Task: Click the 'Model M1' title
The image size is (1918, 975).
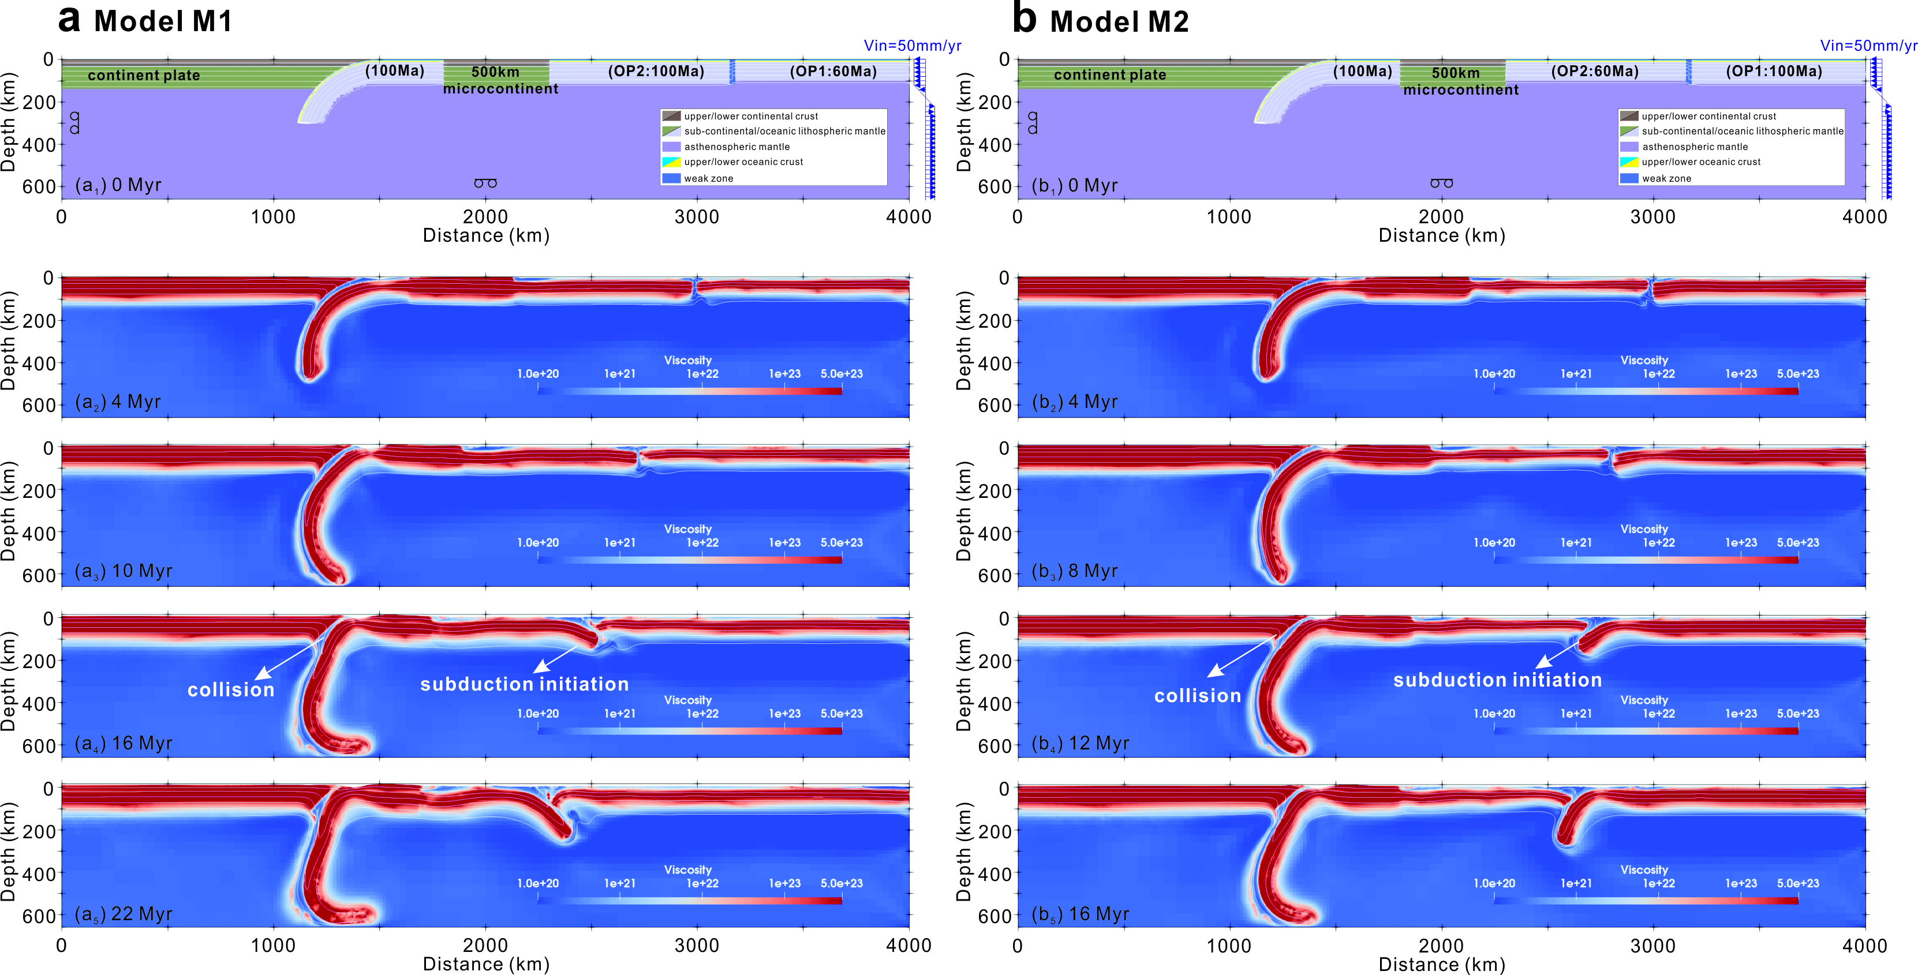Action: (x=163, y=21)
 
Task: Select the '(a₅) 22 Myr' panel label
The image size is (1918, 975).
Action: (x=123, y=913)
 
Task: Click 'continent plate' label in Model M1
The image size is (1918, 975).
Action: (x=144, y=75)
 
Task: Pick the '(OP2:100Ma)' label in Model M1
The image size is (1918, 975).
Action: (x=655, y=72)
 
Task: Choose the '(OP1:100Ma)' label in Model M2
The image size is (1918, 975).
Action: (x=1774, y=72)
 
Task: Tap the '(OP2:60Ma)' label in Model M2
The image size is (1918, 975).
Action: (x=1594, y=72)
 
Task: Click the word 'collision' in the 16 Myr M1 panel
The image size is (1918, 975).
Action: (x=231, y=690)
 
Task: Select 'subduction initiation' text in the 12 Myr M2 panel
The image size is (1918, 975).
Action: (x=1497, y=680)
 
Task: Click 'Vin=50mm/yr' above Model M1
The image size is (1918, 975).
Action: (x=912, y=46)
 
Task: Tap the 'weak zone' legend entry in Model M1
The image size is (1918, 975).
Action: (x=708, y=179)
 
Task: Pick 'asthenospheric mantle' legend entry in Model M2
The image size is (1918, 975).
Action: (x=1695, y=147)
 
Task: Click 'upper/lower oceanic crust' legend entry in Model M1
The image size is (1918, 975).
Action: (x=743, y=162)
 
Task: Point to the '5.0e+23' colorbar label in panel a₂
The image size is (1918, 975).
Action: (x=842, y=374)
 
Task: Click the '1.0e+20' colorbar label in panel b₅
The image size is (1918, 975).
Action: (x=1494, y=883)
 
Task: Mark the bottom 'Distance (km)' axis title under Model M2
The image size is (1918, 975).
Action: (x=1441, y=965)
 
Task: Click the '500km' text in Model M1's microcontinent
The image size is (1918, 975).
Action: (x=495, y=72)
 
